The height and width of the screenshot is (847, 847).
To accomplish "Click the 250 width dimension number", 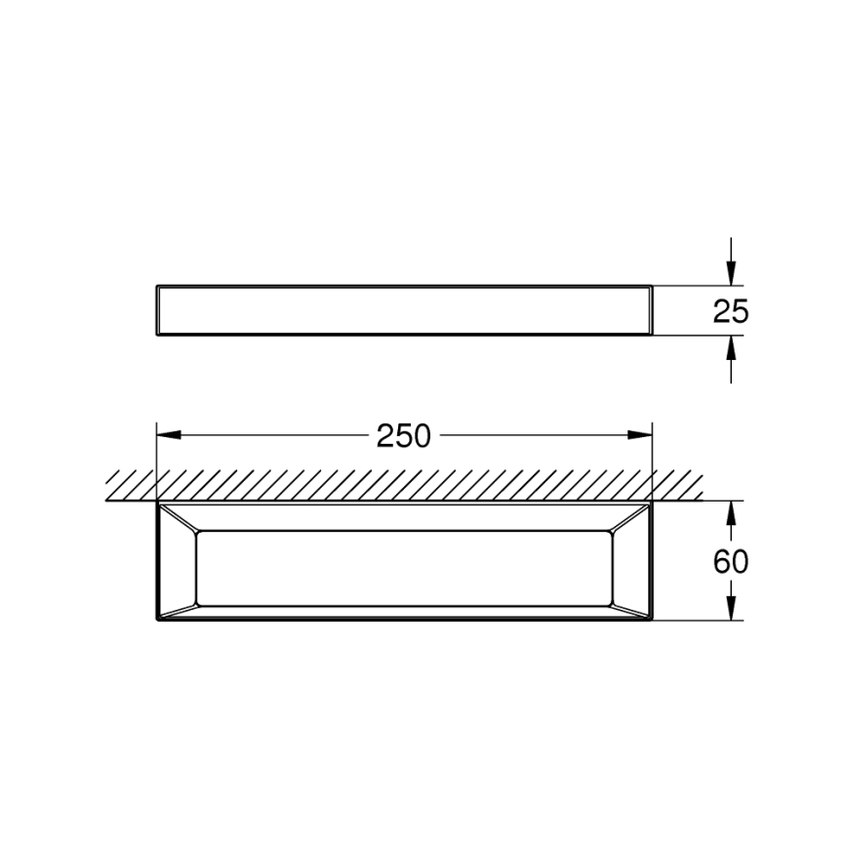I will point(403,435).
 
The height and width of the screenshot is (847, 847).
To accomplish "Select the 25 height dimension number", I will point(730,311).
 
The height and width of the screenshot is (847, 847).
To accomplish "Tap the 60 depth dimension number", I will point(730,562).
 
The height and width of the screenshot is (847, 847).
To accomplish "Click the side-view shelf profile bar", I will point(403,311).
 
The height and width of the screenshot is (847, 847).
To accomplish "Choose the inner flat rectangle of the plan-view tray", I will point(403,567).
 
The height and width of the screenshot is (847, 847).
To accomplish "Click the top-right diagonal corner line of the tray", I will point(631,518).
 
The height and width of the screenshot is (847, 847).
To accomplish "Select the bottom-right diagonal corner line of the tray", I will point(631,611).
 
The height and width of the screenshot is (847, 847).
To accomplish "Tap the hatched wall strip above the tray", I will point(403,485).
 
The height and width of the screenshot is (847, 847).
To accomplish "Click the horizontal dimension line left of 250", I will point(263,435).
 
